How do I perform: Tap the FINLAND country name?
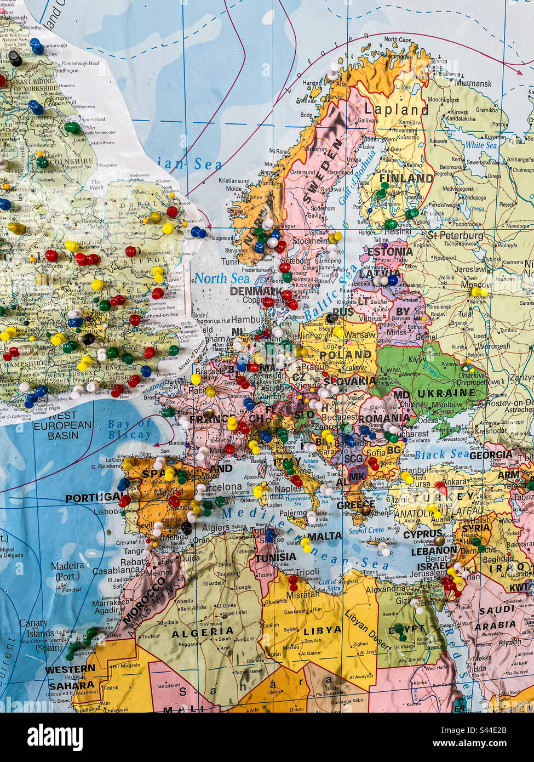pyautogui.click(x=406, y=178)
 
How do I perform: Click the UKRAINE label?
pyautogui.click(x=446, y=393)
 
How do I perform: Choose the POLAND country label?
pyautogui.click(x=345, y=354)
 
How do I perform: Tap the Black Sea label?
pyautogui.click(x=441, y=454)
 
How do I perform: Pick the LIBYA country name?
pyautogui.click(x=323, y=630)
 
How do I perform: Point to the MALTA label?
pyautogui.click(x=324, y=536)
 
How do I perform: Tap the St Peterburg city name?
pyautogui.click(x=456, y=236)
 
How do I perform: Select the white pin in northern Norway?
pyautogui.click(x=333, y=69)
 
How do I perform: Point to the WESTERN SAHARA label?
pyautogui.click(x=71, y=677)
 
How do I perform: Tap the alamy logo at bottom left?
pyautogui.click(x=55, y=737)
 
